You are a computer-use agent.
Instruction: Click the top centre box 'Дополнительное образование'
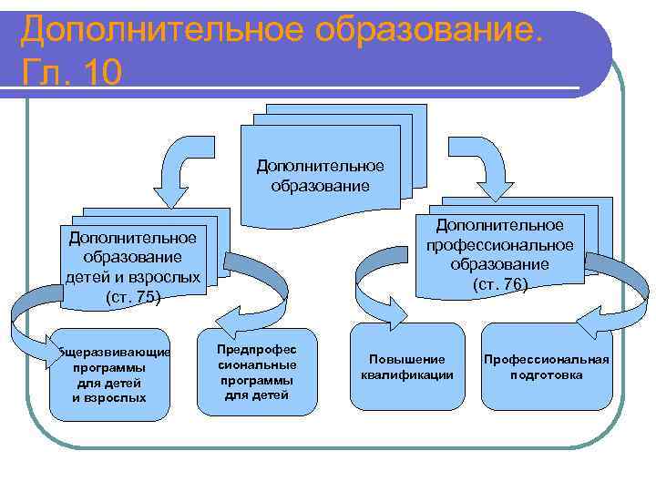(x=320, y=176)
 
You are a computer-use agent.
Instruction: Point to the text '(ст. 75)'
(x=134, y=297)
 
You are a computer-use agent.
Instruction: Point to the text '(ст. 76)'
(x=499, y=284)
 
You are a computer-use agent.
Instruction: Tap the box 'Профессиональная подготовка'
(x=546, y=367)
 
